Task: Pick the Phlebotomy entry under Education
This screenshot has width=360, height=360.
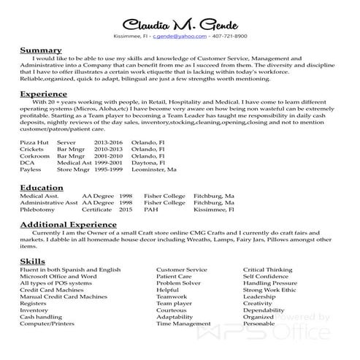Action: point(37,209)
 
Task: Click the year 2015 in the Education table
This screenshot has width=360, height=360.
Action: point(126,209)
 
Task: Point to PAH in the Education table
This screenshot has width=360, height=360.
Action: point(150,209)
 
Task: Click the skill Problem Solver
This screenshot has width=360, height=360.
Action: point(178,283)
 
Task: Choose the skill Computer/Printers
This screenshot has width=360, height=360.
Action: point(47,323)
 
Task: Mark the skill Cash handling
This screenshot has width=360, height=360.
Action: point(40,317)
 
